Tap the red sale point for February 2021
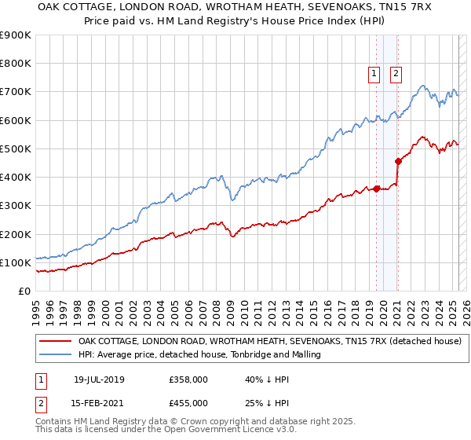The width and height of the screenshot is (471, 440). (x=398, y=162)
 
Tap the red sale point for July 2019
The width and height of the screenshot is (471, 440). (x=377, y=189)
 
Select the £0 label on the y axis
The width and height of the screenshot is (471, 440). (x=24, y=291)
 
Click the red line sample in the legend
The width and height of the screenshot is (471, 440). (x=55, y=341)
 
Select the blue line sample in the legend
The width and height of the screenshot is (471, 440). (x=55, y=354)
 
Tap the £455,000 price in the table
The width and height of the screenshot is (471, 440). (x=188, y=402)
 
